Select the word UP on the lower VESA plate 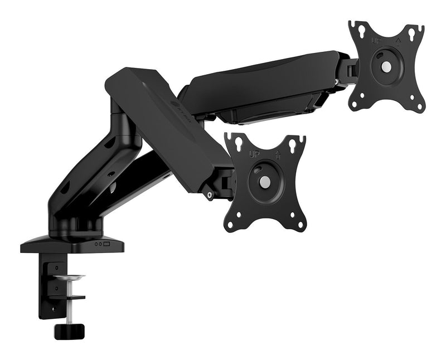click(x=255, y=154)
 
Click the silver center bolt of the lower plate click(x=265, y=182)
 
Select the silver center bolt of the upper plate click(x=386, y=64)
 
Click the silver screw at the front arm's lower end click(x=210, y=194)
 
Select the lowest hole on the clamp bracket click(x=56, y=305)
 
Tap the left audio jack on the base click(x=95, y=244)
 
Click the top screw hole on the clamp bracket click(x=56, y=267)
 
